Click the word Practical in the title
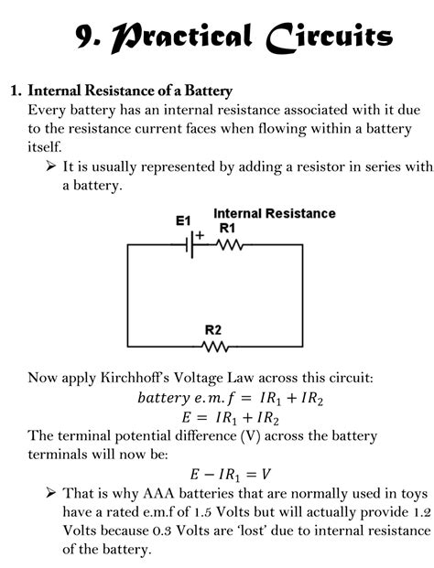click(179, 38)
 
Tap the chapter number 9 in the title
click(86, 38)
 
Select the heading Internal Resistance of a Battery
click(130, 91)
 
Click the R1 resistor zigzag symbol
click(228, 245)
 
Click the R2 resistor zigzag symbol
click(214, 347)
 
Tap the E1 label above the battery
click(184, 220)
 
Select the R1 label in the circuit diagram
click(227, 227)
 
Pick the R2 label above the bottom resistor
click(213, 329)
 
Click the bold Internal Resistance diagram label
click(274, 213)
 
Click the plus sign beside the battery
click(200, 233)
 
